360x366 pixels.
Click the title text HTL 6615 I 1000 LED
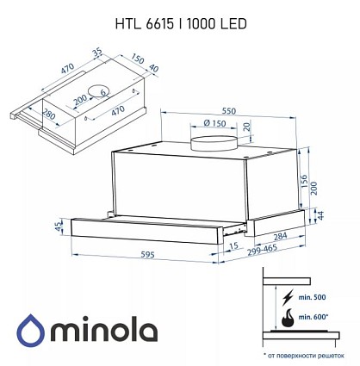[x=181, y=24]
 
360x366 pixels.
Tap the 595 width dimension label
[x=147, y=254]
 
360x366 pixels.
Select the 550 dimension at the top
[x=228, y=111]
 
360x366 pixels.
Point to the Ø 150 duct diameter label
[x=214, y=123]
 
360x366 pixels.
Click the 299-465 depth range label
[x=262, y=251]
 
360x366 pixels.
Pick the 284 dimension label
[x=280, y=236]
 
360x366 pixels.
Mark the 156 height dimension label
[x=304, y=182]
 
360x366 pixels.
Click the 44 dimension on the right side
[x=320, y=215]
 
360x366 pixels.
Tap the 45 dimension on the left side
[x=59, y=226]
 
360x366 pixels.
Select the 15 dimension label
[x=234, y=245]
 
